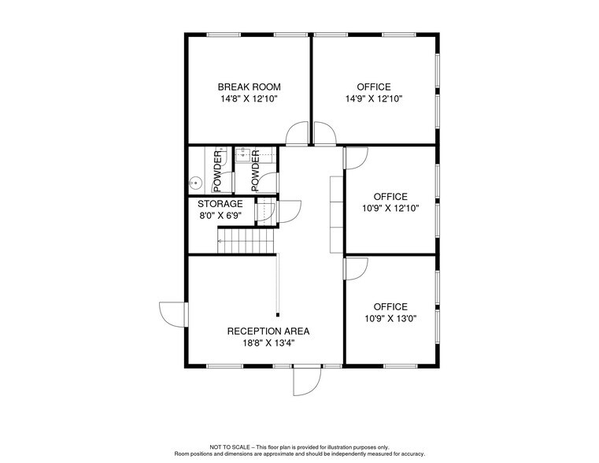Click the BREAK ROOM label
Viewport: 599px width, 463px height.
click(249, 87)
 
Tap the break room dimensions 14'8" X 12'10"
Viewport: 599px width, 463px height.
click(249, 99)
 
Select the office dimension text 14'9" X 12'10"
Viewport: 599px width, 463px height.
click(373, 99)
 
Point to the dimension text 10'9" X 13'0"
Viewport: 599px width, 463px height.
click(390, 319)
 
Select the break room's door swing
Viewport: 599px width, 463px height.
click(297, 135)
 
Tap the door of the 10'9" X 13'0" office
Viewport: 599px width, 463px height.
click(355, 268)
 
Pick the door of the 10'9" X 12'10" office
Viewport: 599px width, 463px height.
click(355, 157)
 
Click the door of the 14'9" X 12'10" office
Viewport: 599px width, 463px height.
click(324, 135)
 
